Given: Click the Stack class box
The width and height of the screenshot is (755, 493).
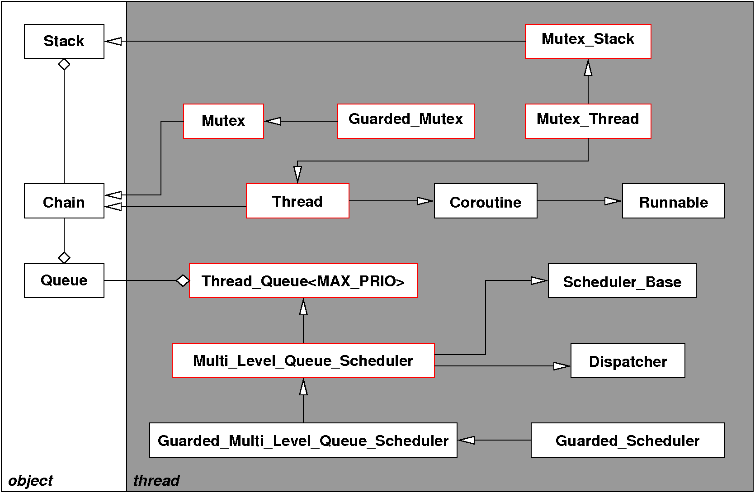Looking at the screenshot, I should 64,41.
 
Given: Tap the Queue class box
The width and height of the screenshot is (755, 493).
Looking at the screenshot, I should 64,280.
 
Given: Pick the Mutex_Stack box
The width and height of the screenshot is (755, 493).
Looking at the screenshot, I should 588,41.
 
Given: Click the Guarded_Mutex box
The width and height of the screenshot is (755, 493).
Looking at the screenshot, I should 406,121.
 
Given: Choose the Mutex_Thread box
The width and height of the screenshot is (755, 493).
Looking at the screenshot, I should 588,121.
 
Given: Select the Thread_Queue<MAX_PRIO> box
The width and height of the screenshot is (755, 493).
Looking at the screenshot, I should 303,280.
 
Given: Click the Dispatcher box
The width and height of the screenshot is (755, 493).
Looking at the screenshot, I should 628,360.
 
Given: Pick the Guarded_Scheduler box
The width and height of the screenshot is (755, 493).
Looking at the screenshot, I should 628,440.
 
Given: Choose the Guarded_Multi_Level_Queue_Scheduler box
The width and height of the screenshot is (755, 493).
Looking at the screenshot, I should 303,440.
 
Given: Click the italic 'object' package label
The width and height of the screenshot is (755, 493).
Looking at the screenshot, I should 31,480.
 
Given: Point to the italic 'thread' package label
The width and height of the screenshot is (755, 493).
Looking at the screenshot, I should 156,480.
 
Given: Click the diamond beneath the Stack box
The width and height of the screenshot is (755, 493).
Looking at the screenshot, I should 64,64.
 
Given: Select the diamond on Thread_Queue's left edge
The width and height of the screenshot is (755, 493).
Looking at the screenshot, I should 183,280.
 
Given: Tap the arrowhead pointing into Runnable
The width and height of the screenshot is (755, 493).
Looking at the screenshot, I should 613,201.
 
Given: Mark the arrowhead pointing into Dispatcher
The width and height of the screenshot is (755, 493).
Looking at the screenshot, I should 562,366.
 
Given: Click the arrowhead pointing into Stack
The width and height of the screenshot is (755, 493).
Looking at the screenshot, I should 113,41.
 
